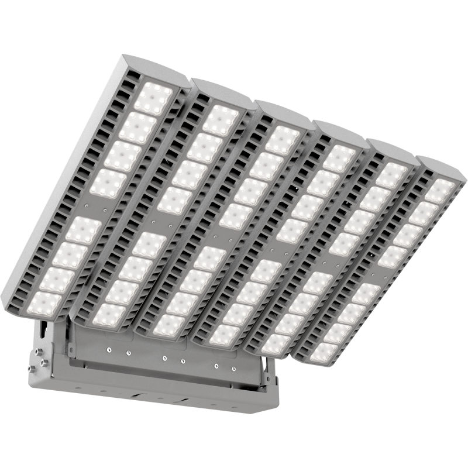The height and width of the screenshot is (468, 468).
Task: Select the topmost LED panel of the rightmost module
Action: [x=440, y=191]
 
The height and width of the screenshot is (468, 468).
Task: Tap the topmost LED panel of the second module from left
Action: [x=221, y=121]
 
